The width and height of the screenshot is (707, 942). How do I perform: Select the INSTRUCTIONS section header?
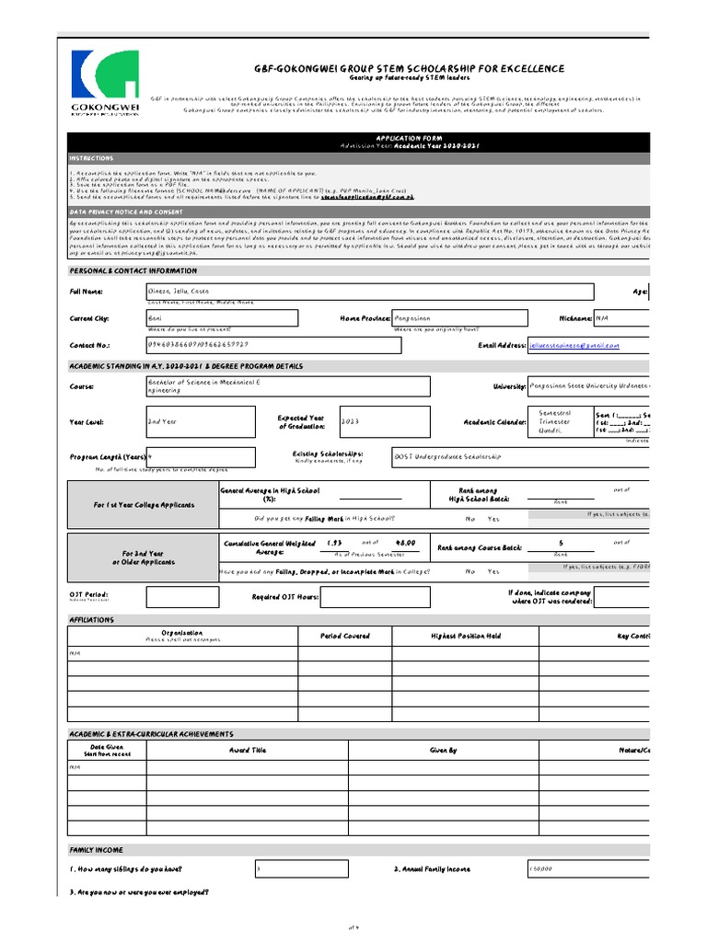click(x=92, y=158)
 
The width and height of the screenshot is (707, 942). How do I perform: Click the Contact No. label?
click(x=90, y=345)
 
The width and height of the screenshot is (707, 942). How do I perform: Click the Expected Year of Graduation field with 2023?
click(x=383, y=421)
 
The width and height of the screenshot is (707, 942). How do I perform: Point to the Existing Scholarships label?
click(x=328, y=454)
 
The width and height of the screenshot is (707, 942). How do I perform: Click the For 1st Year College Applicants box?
click(x=143, y=505)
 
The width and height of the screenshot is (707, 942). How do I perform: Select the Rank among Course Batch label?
click(x=480, y=546)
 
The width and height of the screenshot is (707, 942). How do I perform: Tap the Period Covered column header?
click(x=345, y=636)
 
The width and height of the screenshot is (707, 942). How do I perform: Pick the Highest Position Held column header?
click(x=466, y=636)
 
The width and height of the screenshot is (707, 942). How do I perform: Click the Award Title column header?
click(x=247, y=751)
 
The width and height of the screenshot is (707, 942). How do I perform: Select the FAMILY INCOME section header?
click(x=97, y=849)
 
